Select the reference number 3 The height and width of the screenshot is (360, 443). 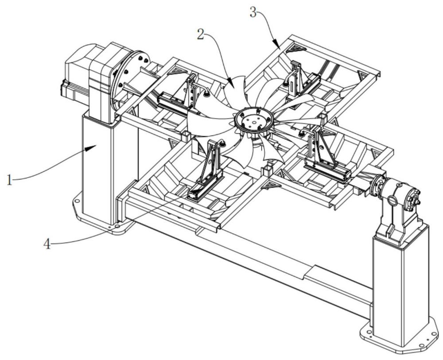253,12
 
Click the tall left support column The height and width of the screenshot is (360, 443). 97,173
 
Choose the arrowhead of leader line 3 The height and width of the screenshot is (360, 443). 278,47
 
